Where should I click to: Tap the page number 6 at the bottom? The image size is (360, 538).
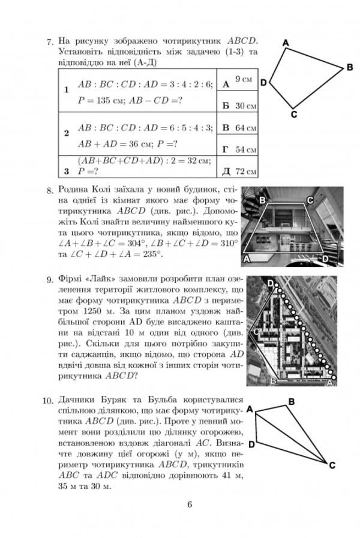tap(188, 504)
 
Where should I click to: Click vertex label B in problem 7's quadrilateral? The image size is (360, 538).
tap(350, 68)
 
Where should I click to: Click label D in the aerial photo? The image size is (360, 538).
tap(271, 282)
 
